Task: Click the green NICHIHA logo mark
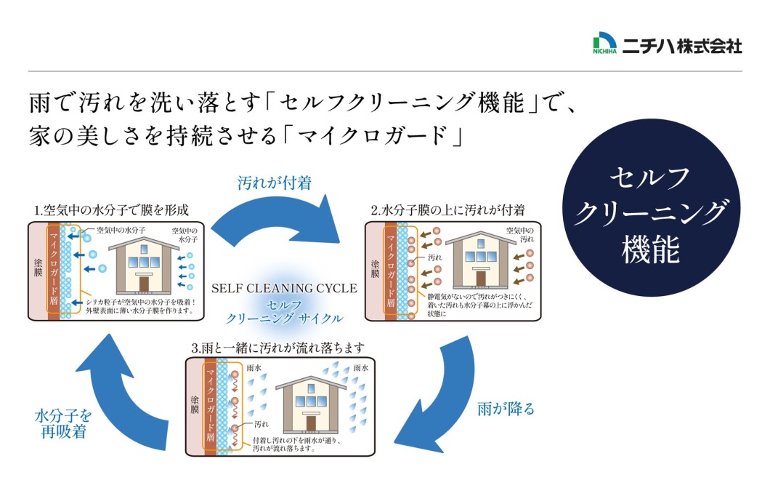click(604, 44)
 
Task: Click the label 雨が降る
click(506, 409)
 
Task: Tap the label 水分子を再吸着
click(64, 423)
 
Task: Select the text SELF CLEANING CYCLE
click(284, 288)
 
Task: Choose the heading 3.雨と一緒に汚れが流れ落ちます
click(278, 348)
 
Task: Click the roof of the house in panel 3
click(310, 384)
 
